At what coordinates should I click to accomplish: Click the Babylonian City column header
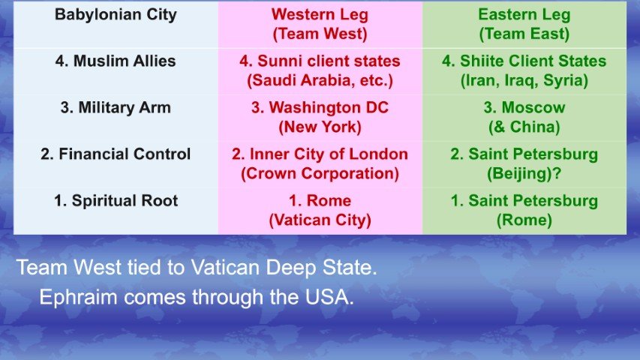click(x=115, y=14)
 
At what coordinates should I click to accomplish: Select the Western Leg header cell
click(x=320, y=24)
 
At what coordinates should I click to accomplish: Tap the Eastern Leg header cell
click(x=524, y=24)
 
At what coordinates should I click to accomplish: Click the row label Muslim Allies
click(x=115, y=61)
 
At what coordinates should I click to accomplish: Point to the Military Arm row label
click(x=115, y=108)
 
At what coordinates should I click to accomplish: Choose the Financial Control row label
click(x=115, y=154)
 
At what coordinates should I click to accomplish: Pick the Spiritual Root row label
click(x=115, y=201)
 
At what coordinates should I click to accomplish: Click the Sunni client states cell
click(x=320, y=70)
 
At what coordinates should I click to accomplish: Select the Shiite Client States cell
click(x=524, y=70)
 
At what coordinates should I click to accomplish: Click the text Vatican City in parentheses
click(x=320, y=220)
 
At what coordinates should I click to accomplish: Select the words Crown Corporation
click(x=320, y=174)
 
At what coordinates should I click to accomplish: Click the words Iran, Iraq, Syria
click(x=524, y=80)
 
